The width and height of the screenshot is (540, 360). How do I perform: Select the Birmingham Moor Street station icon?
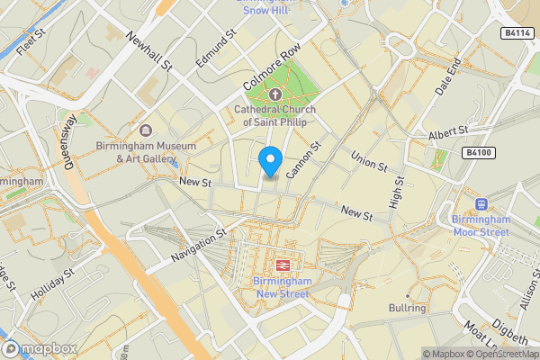[481, 203]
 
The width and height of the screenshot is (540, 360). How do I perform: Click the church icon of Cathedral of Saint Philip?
[274, 94]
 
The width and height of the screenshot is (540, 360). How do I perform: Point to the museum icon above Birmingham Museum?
[145, 130]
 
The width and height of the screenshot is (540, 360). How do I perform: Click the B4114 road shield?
[514, 32]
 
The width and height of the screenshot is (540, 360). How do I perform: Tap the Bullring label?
[407, 308]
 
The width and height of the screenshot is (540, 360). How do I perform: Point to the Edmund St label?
[216, 49]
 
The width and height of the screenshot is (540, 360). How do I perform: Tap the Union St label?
[368, 160]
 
